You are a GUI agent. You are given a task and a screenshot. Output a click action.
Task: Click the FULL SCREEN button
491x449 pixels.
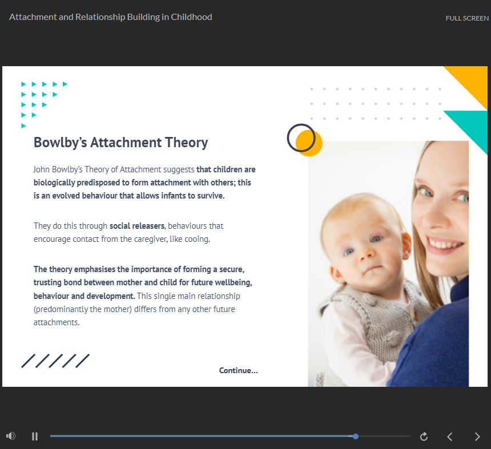[x=467, y=18]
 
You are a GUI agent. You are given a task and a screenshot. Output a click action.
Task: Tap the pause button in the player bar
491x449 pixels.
[x=35, y=436]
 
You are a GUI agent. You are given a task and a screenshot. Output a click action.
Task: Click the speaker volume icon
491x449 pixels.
[x=11, y=436]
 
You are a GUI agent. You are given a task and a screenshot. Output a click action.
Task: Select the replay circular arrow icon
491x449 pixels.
[x=424, y=436]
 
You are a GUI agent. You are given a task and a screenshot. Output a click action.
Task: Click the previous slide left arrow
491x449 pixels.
[x=450, y=436]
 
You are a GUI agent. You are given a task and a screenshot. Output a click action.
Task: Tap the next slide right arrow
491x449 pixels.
[x=477, y=436]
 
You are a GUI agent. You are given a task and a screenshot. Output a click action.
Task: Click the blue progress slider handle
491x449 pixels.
[x=356, y=436]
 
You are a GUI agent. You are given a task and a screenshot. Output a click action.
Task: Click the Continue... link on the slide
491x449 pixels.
[x=238, y=370]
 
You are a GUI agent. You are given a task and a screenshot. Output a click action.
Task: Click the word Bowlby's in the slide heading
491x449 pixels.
[x=60, y=143]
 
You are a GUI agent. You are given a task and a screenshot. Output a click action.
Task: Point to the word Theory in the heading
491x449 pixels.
[x=186, y=143]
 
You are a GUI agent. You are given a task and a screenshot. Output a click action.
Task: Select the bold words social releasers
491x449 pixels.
[x=137, y=226]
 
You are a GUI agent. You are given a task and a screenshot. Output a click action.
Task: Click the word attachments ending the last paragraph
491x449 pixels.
[x=56, y=322]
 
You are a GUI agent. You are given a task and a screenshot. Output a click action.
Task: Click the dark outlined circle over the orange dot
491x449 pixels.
[x=288, y=137]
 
